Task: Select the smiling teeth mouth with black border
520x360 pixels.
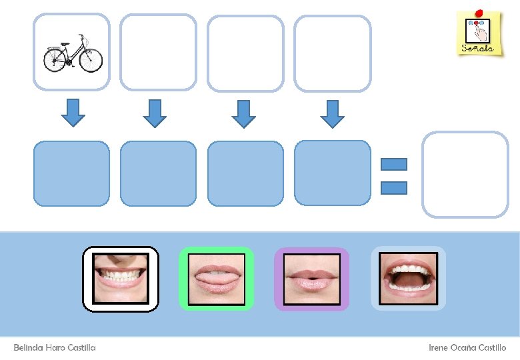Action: tap(121, 279)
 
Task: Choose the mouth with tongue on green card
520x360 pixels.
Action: tap(217, 279)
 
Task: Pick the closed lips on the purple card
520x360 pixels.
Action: tap(312, 279)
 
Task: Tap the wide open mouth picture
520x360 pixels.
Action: tap(408, 279)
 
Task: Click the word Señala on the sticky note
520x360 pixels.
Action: tap(477, 48)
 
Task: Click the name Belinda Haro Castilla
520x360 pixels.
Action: tap(55, 347)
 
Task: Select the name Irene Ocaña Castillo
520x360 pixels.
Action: tap(467, 347)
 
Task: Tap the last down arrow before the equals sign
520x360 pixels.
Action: tap(332, 113)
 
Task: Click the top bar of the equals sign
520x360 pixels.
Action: tap(394, 164)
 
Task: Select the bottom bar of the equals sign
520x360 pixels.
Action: tap(394, 187)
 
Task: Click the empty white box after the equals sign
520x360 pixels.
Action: tap(465, 174)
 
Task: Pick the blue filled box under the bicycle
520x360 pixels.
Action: tap(71, 173)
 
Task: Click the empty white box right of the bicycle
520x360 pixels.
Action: tap(159, 53)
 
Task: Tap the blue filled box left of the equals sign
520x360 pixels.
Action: tap(332, 173)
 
